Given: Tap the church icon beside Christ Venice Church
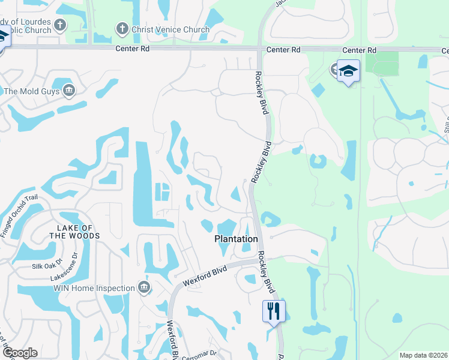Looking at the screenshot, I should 121,29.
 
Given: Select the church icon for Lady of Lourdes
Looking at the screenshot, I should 59,25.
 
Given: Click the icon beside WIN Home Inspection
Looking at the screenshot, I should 144,288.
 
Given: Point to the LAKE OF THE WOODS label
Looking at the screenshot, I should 74,232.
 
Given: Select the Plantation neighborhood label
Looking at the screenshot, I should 237,239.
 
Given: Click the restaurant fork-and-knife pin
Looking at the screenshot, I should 273,311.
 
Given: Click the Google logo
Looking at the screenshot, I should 19,353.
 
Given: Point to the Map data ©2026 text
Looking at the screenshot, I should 423,355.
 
